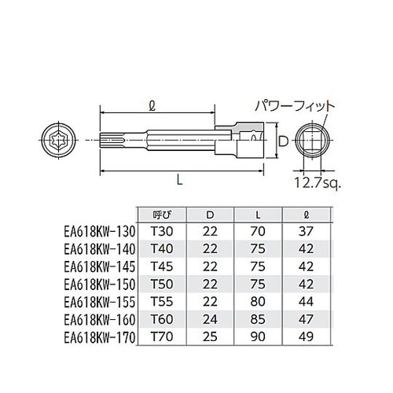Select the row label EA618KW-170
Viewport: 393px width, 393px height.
pos(101,336)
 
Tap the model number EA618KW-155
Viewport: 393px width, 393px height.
pos(101,301)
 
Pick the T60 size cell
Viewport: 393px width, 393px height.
pos(160,319)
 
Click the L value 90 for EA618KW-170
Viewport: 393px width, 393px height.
pos(259,336)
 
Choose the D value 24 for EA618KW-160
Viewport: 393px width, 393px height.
pos(209,319)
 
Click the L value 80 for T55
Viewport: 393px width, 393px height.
pos(259,301)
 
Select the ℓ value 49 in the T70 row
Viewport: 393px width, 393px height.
pos(307,336)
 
